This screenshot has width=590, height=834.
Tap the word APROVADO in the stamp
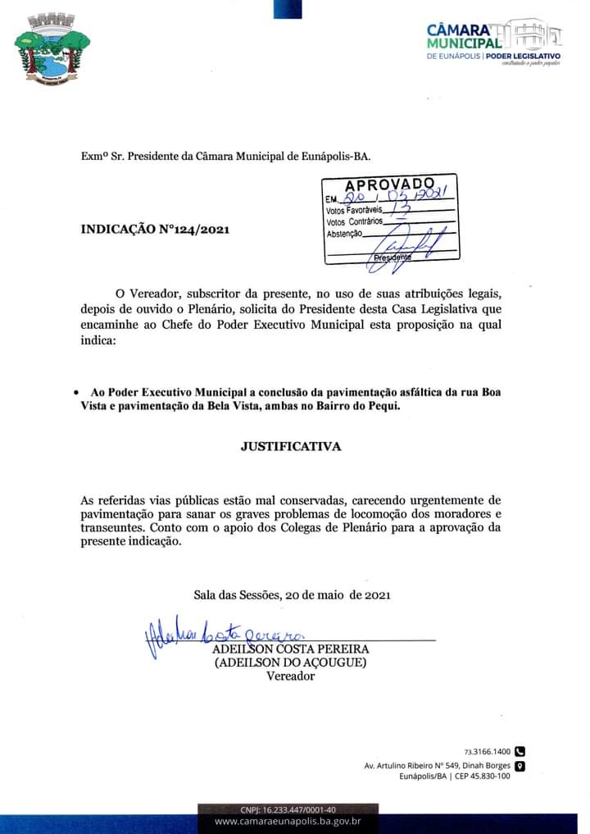[389, 183]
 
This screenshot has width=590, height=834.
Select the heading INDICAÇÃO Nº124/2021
[155, 230]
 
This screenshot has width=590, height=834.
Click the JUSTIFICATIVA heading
[290, 447]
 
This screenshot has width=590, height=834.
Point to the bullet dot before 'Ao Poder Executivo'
[76, 393]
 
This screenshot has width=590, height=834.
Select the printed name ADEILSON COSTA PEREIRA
[290, 649]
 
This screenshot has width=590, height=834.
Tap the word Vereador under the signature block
[290, 677]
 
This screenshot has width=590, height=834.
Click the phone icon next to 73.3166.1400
[519, 750]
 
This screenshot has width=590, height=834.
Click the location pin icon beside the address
[519, 766]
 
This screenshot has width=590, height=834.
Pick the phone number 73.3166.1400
[487, 751]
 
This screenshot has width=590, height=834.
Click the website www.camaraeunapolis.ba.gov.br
[288, 821]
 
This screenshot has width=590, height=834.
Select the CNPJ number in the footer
[288, 809]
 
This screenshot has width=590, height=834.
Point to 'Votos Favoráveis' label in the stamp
[348, 210]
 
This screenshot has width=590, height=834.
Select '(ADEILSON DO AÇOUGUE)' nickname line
[290, 663]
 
